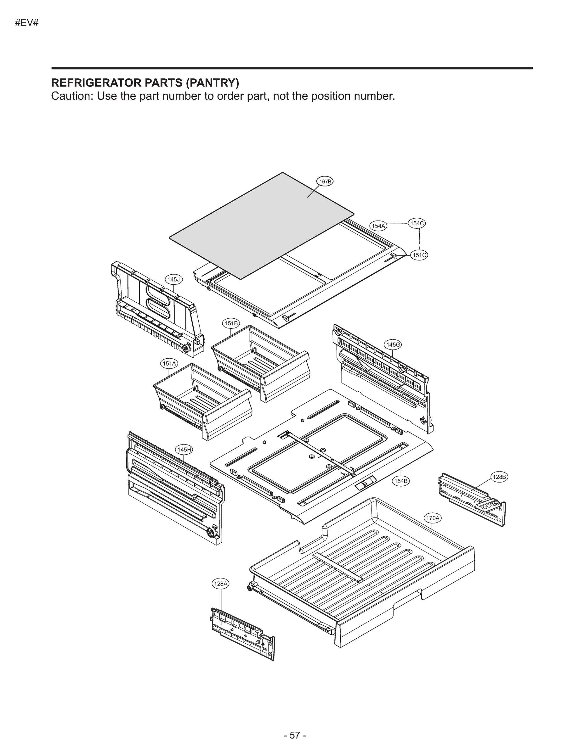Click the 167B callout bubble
point(325,181)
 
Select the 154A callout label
point(378,226)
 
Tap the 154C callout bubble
point(417,223)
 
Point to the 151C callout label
point(419,255)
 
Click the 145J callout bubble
point(173,279)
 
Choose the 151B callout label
point(231,323)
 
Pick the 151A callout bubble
point(169,364)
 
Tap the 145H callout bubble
point(184,450)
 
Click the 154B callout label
point(401,481)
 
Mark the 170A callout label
point(433,528)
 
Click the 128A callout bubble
point(221,584)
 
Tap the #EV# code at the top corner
point(27,24)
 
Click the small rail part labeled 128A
point(242,634)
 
